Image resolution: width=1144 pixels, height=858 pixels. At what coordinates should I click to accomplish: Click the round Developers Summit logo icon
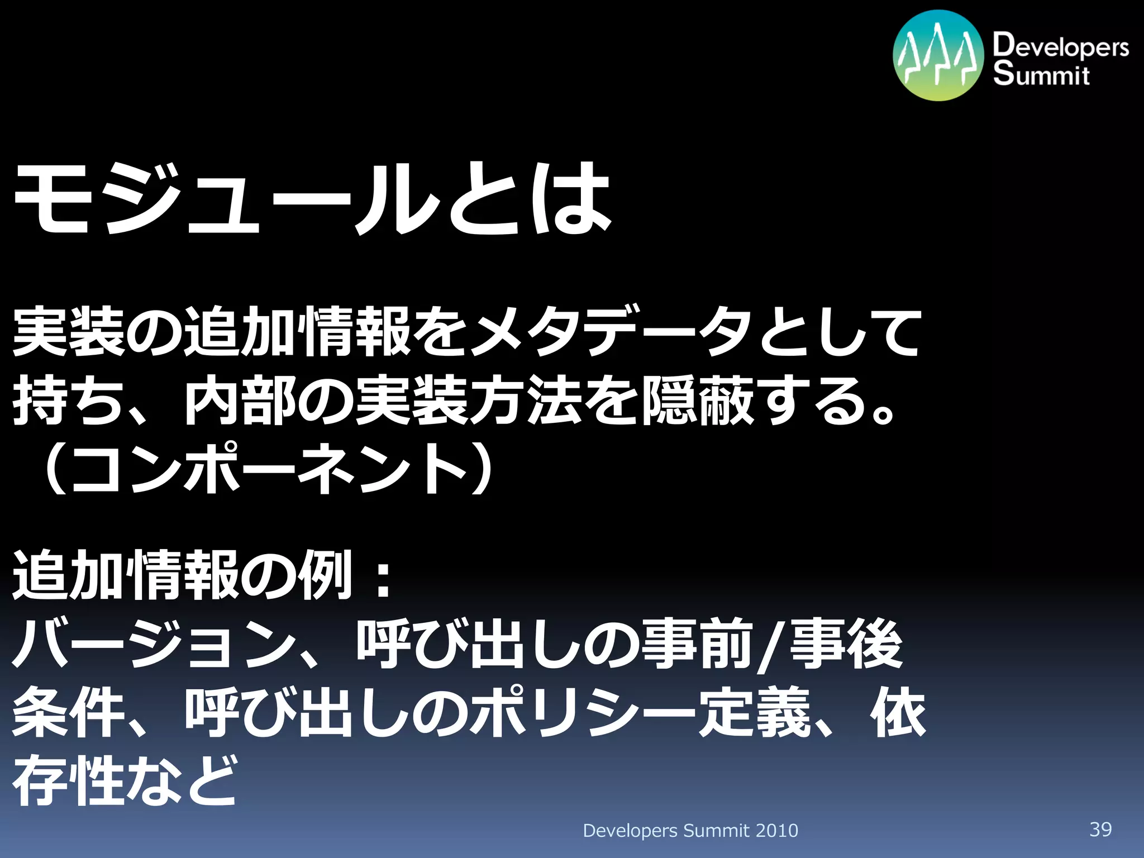(938, 56)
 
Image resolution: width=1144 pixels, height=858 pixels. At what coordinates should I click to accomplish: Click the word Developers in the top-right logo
(1060, 46)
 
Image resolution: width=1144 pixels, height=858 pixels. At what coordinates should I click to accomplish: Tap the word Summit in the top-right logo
(1041, 74)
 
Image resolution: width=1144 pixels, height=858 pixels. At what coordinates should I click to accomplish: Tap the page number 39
(1100, 829)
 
